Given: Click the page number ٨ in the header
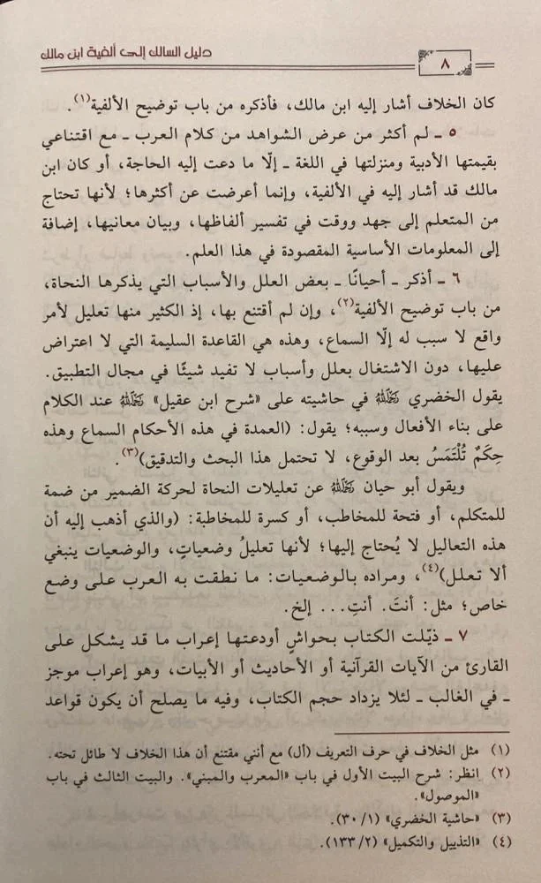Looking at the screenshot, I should pos(444,64).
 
